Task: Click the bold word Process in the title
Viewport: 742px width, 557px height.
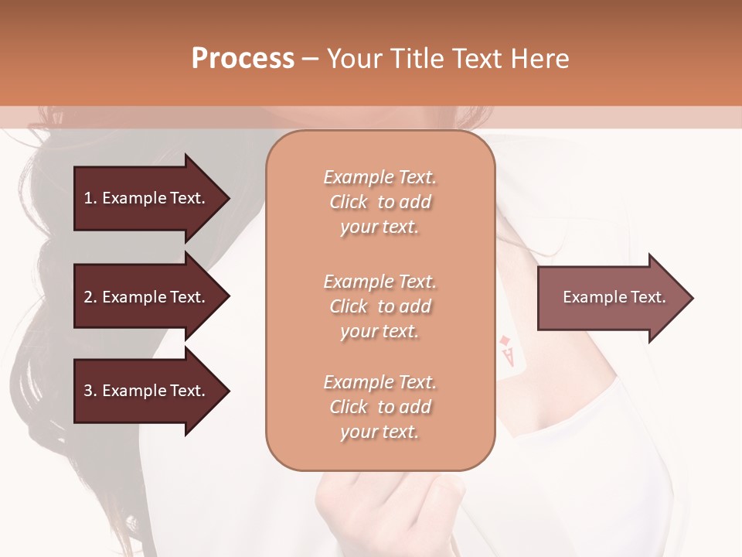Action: [x=243, y=59]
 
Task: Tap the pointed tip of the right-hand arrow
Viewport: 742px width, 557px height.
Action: [x=692, y=297]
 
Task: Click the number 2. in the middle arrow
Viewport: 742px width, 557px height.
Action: [x=90, y=297]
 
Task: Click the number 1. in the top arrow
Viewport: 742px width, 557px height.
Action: [x=90, y=198]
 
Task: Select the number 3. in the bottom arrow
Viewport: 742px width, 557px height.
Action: [x=90, y=391]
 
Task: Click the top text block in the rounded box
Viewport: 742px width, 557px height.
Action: [x=380, y=202]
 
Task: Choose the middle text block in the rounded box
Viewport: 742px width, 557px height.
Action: [x=380, y=306]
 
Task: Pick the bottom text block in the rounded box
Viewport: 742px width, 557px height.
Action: [x=380, y=407]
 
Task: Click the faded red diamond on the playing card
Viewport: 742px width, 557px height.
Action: [x=504, y=340]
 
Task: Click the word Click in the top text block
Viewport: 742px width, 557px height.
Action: [x=349, y=202]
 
